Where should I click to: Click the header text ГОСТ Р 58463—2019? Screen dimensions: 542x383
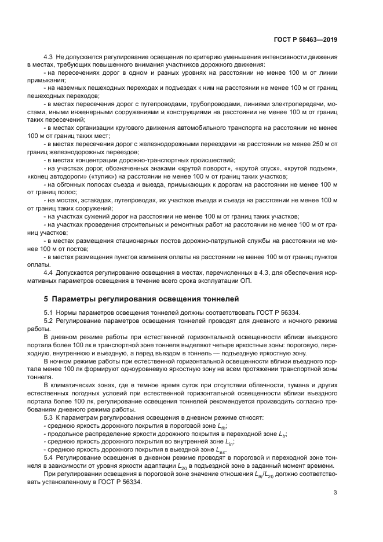click(x=306, y=40)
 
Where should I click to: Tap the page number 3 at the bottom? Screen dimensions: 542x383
click(x=335, y=493)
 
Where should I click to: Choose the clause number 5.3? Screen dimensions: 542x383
click(x=49, y=417)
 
